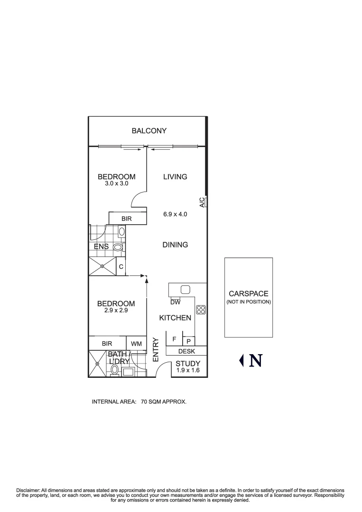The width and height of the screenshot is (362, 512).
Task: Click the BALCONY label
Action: coord(149,131)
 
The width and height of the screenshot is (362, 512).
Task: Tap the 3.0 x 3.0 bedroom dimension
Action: coord(116,183)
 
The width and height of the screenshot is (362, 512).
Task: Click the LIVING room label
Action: coord(175,177)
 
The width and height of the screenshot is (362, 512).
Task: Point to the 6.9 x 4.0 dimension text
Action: coord(175,214)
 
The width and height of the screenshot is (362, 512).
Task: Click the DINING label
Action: coord(175,245)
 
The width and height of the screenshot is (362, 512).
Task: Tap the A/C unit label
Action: coord(202,202)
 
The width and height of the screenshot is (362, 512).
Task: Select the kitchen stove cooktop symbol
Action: coord(201,310)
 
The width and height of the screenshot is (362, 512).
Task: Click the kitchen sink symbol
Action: coord(186,290)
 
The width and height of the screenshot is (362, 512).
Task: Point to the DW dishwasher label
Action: coord(175,302)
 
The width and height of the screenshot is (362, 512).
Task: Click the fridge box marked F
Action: coord(174,339)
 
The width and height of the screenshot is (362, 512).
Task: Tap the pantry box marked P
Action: coord(188,341)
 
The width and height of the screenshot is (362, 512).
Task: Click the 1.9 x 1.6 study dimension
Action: coord(188,370)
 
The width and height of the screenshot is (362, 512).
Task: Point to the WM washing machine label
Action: coord(137,343)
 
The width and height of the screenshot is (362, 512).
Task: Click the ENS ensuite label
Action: coord(101,247)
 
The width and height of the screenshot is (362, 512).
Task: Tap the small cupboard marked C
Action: coord(121,267)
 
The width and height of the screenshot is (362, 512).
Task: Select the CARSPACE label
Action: coord(248,294)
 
